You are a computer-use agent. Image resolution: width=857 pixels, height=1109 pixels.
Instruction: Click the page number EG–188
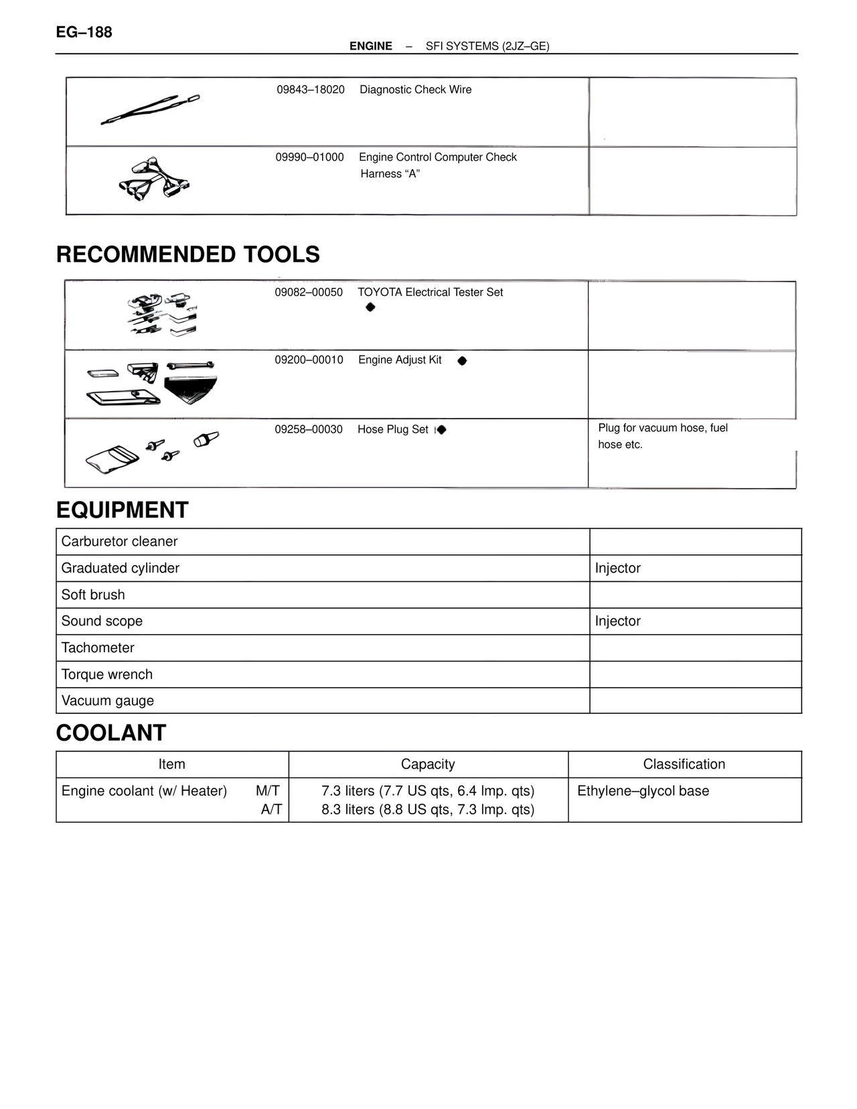tap(84, 32)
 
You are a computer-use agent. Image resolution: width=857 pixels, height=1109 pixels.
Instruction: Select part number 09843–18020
tap(311, 90)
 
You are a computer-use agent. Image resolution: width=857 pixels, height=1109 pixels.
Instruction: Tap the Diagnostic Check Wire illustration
tap(151, 110)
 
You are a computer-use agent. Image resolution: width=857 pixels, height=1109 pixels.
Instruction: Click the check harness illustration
tap(154, 180)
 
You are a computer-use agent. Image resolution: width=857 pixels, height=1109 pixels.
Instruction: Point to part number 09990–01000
tap(310, 157)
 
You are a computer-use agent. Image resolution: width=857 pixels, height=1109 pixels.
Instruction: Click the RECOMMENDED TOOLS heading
tap(188, 254)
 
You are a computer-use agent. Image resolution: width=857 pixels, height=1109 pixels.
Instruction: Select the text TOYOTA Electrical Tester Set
tap(430, 293)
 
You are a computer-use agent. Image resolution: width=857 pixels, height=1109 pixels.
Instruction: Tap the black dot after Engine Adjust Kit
tap(462, 361)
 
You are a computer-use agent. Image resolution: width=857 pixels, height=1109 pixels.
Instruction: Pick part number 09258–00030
tap(309, 429)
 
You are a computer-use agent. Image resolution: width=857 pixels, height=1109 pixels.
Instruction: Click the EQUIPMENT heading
tap(123, 510)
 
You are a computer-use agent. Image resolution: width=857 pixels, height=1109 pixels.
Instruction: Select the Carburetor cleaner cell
tap(120, 542)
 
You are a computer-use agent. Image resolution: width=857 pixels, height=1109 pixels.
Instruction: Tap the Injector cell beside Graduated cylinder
tap(618, 569)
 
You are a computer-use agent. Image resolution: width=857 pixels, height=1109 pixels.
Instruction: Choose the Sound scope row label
tap(102, 621)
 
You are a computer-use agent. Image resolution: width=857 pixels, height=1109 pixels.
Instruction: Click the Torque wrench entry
tap(107, 674)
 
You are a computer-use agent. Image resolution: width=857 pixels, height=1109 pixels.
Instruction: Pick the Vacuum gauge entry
tap(108, 701)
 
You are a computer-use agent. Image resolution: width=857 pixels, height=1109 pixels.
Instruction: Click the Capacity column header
tap(428, 765)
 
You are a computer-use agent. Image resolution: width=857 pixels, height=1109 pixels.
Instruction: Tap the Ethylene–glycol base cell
tap(643, 792)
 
